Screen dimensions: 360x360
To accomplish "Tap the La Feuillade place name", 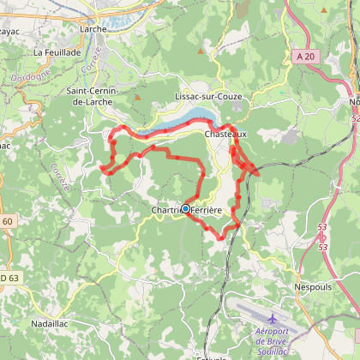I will click(57, 52).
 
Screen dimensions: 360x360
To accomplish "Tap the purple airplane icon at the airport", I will click(273, 319).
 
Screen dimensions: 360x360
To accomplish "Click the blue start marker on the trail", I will click(185, 208).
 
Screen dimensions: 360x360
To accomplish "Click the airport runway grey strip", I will click(257, 309).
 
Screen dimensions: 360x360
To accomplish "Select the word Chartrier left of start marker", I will click(165, 210).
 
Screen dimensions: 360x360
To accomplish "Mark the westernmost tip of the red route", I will click(101, 169).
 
